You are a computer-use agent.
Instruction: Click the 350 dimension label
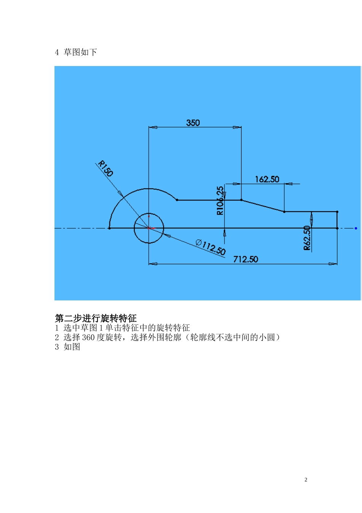[193, 123]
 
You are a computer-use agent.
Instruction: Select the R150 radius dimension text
[106, 168]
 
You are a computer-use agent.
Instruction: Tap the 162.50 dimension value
[267, 179]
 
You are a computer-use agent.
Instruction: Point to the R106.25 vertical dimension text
[220, 201]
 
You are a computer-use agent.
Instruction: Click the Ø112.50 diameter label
[210, 247]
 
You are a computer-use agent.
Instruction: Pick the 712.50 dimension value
[245, 260]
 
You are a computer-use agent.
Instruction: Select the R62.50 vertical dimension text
[307, 238]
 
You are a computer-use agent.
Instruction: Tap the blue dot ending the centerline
[356, 228]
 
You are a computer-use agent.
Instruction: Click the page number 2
[306, 480]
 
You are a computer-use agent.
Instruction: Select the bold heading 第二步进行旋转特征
[96, 318]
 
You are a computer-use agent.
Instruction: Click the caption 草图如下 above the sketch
[80, 52]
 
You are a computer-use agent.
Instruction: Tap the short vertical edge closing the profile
[337, 220]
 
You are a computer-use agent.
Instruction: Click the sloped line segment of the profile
[263, 206]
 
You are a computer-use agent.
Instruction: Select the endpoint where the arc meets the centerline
[109, 228]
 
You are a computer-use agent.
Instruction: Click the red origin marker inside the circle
[149, 228]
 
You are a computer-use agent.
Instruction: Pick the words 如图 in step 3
[72, 347]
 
